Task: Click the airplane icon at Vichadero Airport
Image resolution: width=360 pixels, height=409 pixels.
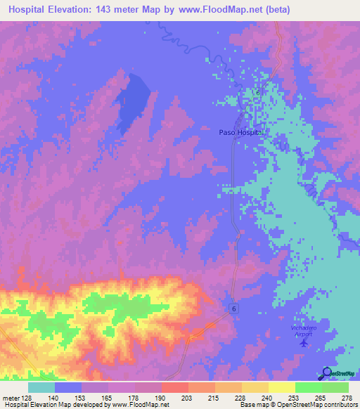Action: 304,343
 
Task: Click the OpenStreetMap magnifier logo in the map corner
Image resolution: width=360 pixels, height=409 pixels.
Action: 328,373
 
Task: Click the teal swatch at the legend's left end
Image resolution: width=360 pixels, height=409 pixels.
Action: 41,387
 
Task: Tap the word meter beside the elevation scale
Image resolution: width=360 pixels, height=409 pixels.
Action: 11,398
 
